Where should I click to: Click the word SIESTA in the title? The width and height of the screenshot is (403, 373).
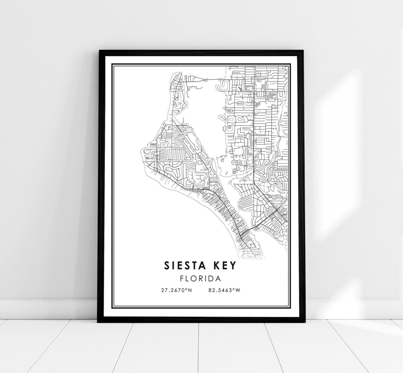[185, 265]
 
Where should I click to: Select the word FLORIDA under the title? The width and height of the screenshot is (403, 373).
[201, 278]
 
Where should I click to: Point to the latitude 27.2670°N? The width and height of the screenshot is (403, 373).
[177, 290]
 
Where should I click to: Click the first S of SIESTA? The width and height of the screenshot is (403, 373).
[166, 265]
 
